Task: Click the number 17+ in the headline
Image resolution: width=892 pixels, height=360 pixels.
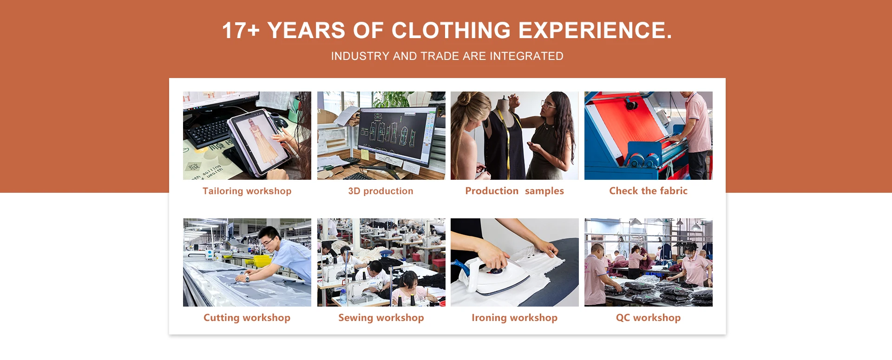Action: point(241,31)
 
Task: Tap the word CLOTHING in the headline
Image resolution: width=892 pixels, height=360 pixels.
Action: point(451,31)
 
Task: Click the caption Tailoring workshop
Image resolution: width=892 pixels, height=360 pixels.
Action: point(247,191)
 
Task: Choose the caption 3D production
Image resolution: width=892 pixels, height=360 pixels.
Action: point(380,191)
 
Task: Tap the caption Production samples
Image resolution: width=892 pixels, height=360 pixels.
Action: point(514,191)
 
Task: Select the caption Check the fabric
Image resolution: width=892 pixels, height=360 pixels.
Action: point(648,191)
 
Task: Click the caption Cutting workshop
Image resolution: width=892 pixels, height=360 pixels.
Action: point(247,318)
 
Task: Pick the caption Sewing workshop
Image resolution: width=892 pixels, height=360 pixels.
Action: point(381,318)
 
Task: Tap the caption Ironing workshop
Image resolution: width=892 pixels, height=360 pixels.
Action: point(514,318)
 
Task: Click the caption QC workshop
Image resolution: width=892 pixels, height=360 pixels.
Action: point(648,318)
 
